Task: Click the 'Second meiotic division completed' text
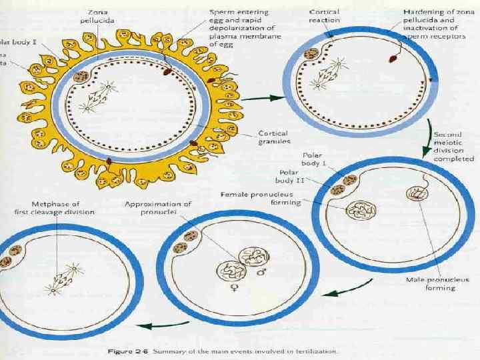[x=453, y=150]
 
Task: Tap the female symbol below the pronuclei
[x=234, y=287]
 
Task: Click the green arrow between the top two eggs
[x=265, y=98]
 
